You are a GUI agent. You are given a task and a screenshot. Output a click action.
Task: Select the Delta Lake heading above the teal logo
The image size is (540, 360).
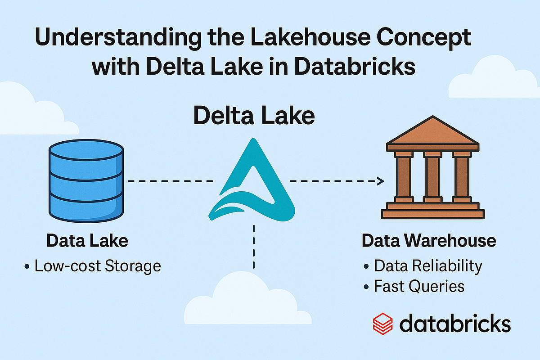[253, 116]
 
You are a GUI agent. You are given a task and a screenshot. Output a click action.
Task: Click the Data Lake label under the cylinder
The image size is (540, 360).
[87, 241]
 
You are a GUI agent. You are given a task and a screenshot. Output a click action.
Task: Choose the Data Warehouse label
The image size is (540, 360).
[429, 241]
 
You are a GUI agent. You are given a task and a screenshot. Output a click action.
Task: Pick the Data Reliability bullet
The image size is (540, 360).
[428, 266]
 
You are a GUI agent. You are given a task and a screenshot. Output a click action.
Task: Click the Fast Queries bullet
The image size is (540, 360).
[419, 286]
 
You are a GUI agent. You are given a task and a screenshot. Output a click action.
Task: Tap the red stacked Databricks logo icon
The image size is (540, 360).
[382, 324]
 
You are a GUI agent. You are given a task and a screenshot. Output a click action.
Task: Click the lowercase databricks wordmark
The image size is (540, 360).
[455, 323]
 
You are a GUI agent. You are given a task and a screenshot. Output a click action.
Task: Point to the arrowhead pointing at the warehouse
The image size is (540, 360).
[381, 181]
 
